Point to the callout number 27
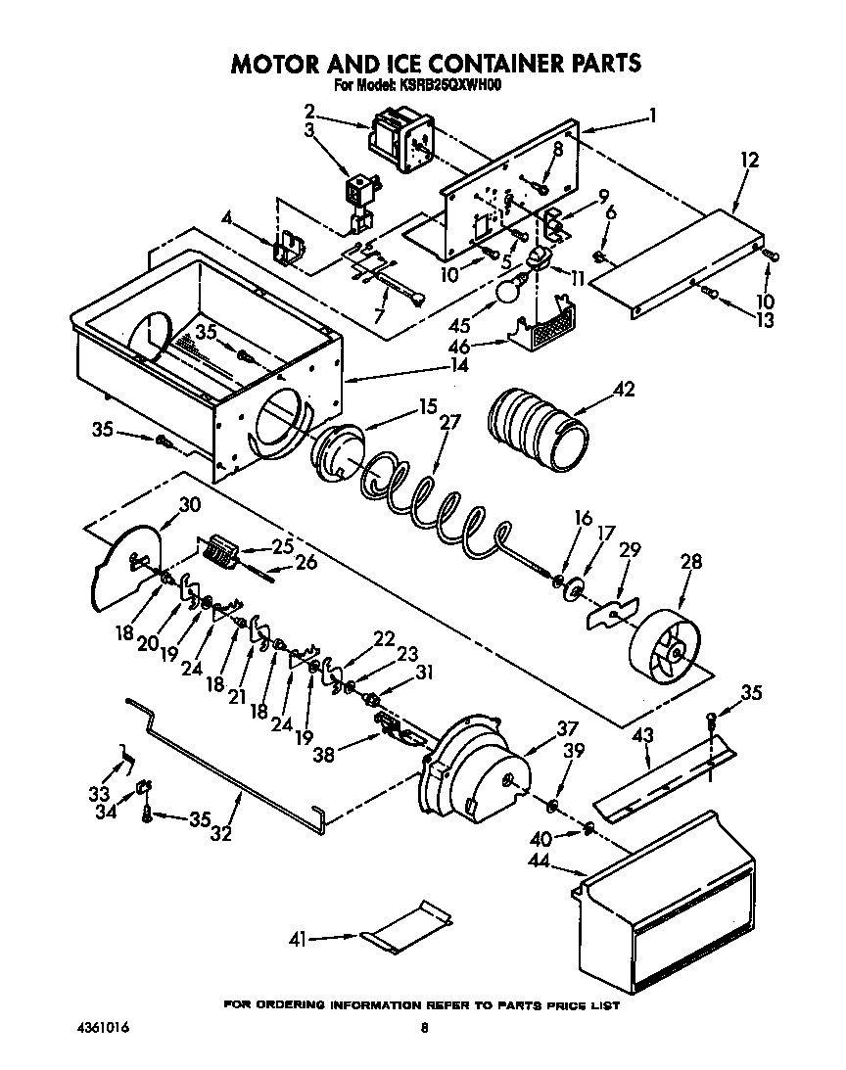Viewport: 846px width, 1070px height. [449, 423]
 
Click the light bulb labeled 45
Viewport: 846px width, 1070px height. [508, 291]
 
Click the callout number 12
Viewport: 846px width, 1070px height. [750, 160]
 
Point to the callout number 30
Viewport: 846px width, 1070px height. [190, 504]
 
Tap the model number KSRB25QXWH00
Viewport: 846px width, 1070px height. [451, 85]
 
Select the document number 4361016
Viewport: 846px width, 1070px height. [103, 1029]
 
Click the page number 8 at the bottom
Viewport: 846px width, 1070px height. [424, 1029]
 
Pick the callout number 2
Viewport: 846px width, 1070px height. [309, 111]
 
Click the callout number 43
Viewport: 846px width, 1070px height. [641, 734]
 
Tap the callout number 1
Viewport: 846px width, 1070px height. [653, 115]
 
